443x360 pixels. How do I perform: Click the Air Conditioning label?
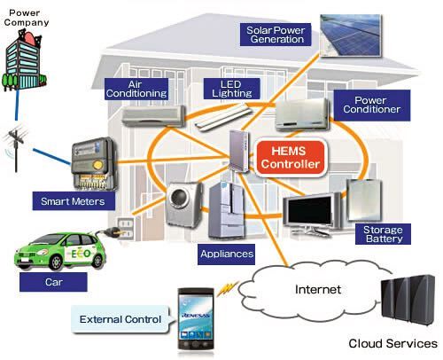click(136, 88)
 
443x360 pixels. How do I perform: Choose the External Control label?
click(120, 319)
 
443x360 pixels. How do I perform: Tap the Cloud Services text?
click(392, 343)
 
